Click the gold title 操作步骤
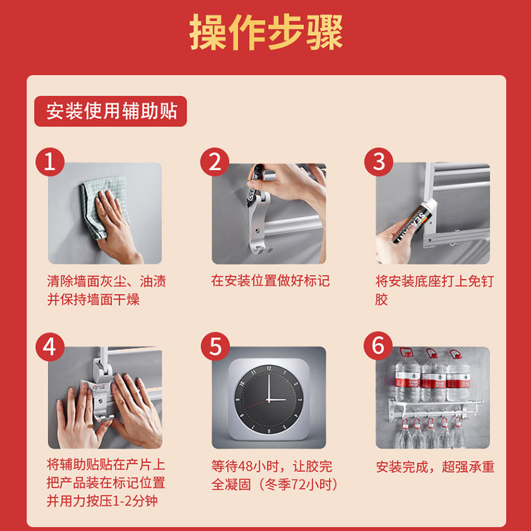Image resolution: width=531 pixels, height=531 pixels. coord(266,32)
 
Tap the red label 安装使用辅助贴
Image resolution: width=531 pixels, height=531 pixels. coord(110,111)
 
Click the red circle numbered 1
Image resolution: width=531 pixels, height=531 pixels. coord(50,161)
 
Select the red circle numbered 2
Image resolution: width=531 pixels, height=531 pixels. coord(214,161)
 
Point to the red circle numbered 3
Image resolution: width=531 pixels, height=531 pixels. coord(378,161)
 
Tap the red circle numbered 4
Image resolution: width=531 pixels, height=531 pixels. coord(50,346)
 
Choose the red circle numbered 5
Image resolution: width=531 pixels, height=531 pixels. coord(215,346)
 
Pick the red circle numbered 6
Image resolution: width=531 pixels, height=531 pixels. coord(378,346)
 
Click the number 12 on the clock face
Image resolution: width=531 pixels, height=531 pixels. coord(269,368)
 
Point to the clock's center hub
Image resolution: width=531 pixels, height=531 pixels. coord(269,400)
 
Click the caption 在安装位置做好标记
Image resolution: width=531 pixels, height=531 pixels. coord(270,281)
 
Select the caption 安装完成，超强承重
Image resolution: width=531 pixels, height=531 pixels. coord(435,467)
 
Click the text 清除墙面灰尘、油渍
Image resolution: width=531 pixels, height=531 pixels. coord(106,281)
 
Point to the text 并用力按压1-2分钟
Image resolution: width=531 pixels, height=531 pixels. coord(102,501)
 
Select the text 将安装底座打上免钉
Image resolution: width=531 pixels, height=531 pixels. coord(435,281)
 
